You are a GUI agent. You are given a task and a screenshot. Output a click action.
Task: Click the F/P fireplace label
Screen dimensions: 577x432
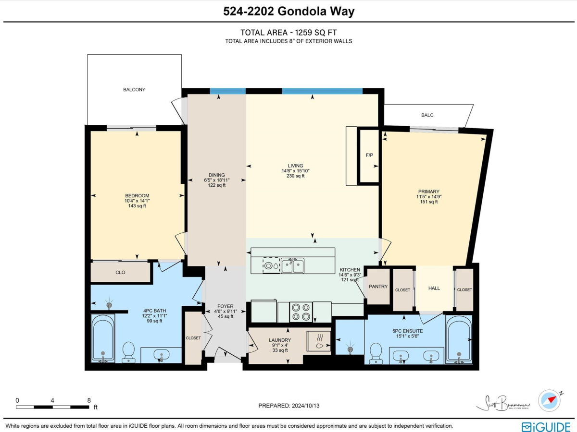click(369, 155)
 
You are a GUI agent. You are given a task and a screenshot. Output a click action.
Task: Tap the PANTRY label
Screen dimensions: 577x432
click(378, 287)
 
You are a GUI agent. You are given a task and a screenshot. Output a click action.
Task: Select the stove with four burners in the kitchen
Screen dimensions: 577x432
click(301, 312)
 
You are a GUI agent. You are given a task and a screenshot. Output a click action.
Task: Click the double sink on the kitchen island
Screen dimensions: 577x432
click(292, 266)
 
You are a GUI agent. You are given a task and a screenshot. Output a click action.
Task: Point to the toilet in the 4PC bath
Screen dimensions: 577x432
click(128, 352)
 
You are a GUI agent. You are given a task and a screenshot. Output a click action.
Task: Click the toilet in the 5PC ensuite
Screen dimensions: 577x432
click(376, 354)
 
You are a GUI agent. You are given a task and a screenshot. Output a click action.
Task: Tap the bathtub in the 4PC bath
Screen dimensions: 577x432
click(103, 338)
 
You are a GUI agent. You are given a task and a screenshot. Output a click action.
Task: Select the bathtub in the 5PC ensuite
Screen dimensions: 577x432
click(459, 339)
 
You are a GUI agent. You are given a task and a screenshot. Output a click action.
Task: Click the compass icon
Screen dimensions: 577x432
click(549, 400)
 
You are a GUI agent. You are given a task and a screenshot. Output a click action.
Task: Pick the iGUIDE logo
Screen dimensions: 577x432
click(546, 427)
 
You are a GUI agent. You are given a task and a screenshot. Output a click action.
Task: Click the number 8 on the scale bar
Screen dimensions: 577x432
click(89, 400)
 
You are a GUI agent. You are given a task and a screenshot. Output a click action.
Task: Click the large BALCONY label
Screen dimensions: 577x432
click(134, 90)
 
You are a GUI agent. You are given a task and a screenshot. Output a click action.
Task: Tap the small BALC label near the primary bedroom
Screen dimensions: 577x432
click(427, 115)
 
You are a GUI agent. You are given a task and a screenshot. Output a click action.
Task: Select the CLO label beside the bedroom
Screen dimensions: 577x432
click(120, 273)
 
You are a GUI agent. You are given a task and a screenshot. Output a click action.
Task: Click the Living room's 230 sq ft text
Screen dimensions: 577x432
click(295, 176)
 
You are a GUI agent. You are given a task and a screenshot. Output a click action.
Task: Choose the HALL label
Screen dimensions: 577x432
click(434, 288)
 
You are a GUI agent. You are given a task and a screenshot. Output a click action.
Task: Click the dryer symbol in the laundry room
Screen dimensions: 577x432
click(319, 341)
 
